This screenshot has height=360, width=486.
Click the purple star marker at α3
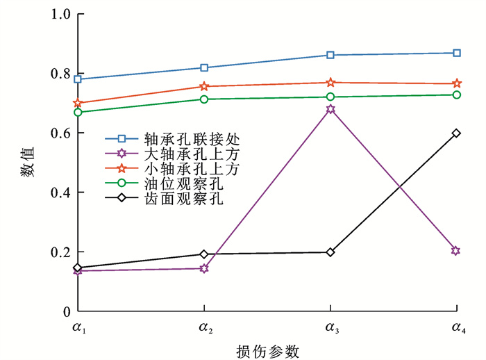pos(330,109)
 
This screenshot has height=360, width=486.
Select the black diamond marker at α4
pos(456,133)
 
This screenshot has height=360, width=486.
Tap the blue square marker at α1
pos(78,79)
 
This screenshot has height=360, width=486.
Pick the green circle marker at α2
pos(204,99)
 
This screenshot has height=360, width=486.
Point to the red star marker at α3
pos(330,83)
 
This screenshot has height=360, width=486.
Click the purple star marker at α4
pos(456,250)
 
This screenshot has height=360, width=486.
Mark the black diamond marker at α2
pos(204,254)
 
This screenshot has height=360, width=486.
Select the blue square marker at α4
pos(456,53)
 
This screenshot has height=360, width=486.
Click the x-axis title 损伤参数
pos(267,351)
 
